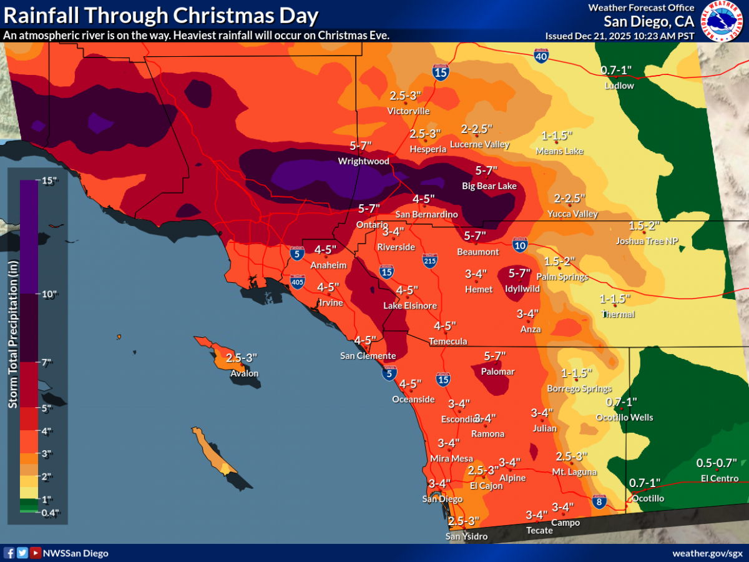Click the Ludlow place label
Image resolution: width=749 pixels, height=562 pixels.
[619, 86]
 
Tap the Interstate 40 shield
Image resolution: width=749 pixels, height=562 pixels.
[542, 57]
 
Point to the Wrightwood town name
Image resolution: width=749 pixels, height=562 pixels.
[363, 161]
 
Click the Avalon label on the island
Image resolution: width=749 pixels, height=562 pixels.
[245, 374]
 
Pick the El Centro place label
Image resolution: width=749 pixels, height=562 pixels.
[720, 478]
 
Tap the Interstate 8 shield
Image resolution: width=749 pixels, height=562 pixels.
[599, 501]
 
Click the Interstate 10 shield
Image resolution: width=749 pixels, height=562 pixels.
[520, 244]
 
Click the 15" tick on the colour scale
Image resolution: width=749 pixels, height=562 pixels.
[50, 181]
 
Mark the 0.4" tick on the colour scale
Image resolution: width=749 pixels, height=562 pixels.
[50, 513]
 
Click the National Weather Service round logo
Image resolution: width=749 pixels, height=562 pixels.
[723, 21]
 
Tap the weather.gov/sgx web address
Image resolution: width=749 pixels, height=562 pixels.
[707, 553]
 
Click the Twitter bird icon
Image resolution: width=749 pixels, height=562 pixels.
[22, 553]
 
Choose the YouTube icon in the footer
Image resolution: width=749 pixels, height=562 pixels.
[36, 553]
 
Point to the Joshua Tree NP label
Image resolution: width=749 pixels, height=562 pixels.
[647, 241]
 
